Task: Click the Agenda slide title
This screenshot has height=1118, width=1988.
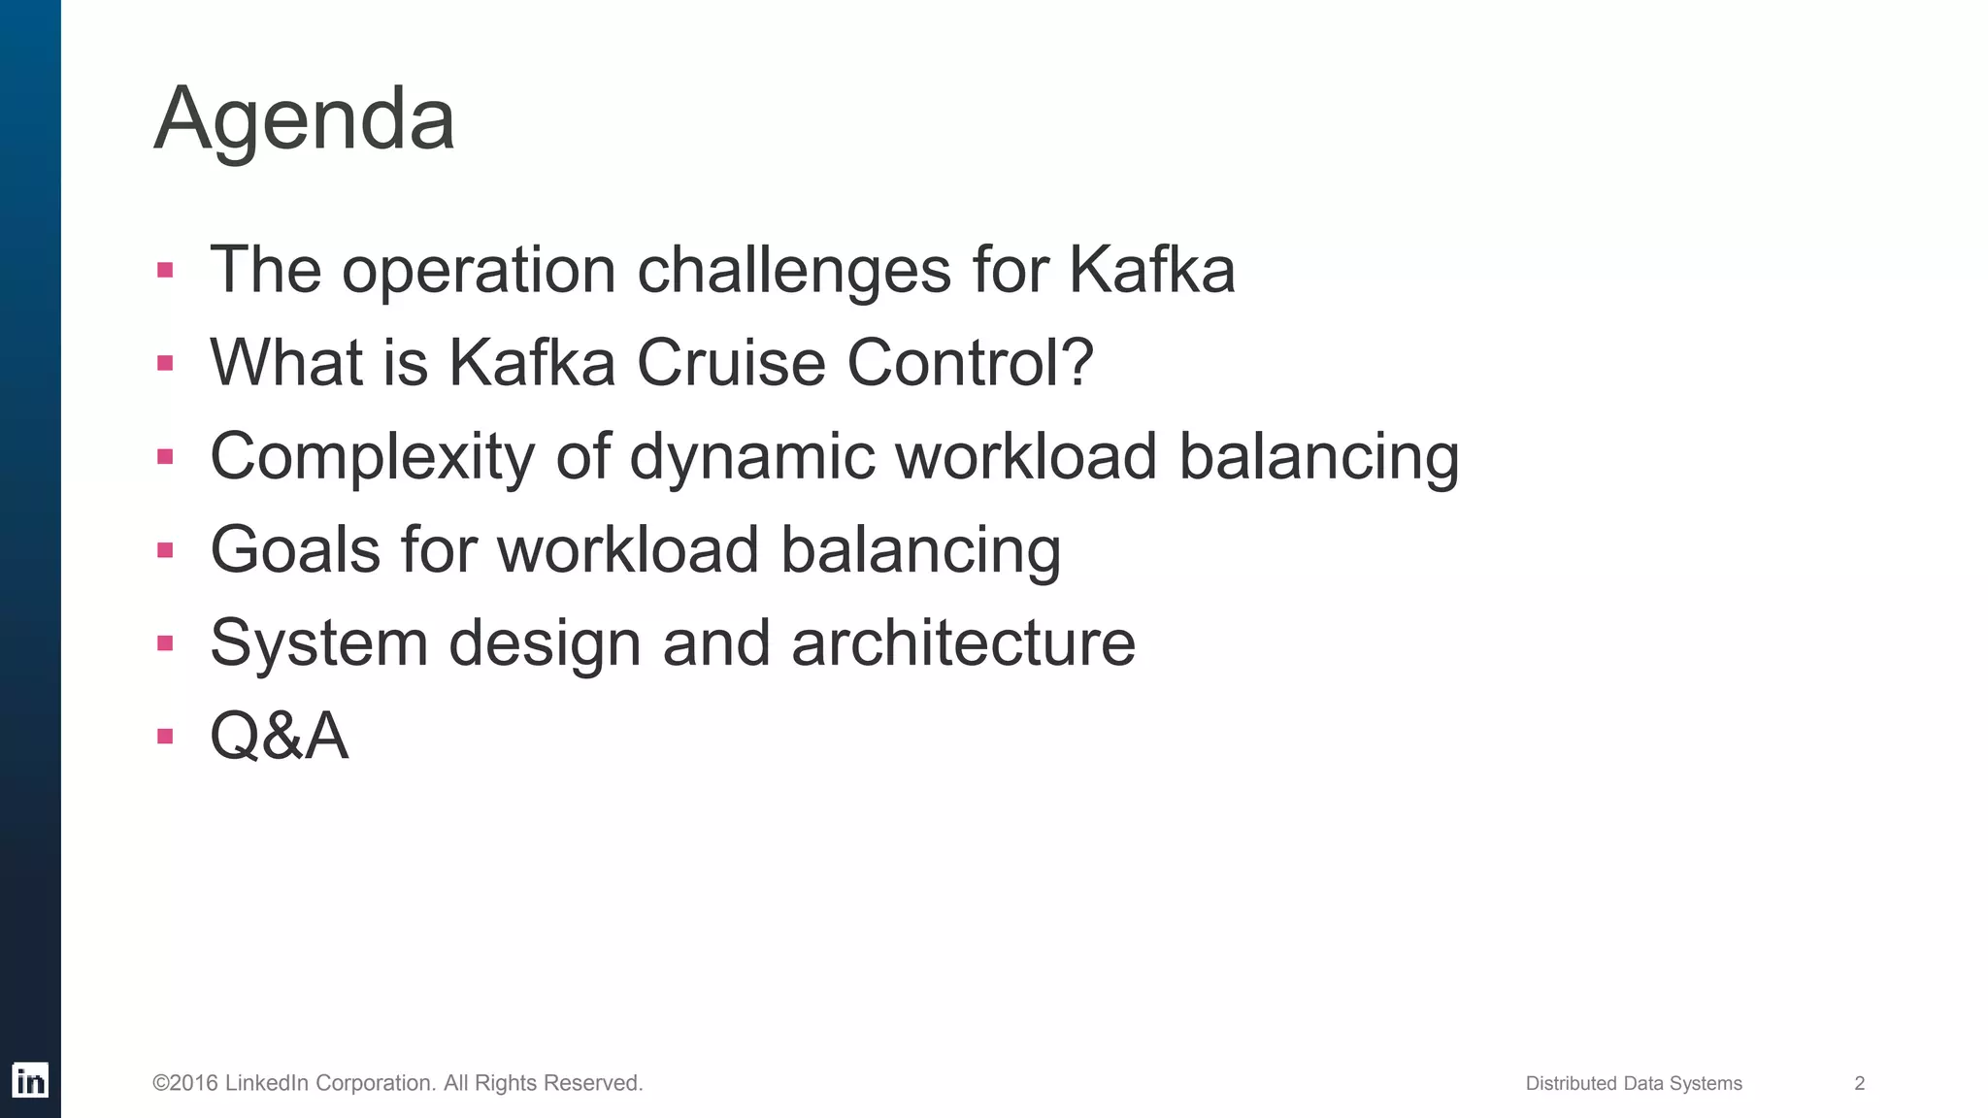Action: [304, 118]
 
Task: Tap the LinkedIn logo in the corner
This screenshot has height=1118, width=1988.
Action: [30, 1080]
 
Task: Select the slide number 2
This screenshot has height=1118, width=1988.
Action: [1859, 1083]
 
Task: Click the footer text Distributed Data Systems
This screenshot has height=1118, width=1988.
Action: [1634, 1083]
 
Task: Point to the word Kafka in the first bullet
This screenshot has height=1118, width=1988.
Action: [1151, 269]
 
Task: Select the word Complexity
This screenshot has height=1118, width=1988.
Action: [372, 456]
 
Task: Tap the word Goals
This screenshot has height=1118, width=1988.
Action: [295, 549]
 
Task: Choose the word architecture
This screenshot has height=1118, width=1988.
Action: [963, 642]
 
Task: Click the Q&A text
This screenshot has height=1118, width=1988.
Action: [279, 736]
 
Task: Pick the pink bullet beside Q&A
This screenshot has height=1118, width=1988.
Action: [165, 737]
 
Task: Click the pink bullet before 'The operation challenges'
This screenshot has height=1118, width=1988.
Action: [165, 270]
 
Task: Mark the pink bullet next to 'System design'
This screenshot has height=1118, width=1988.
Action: [165, 643]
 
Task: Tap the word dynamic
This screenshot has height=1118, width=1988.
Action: [751, 456]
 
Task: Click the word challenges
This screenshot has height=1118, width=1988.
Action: [794, 269]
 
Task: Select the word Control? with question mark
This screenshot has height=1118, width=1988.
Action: [970, 362]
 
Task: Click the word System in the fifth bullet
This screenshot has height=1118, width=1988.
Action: [318, 642]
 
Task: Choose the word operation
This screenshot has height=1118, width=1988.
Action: [479, 269]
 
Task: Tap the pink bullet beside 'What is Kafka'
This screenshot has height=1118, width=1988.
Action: [165, 363]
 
